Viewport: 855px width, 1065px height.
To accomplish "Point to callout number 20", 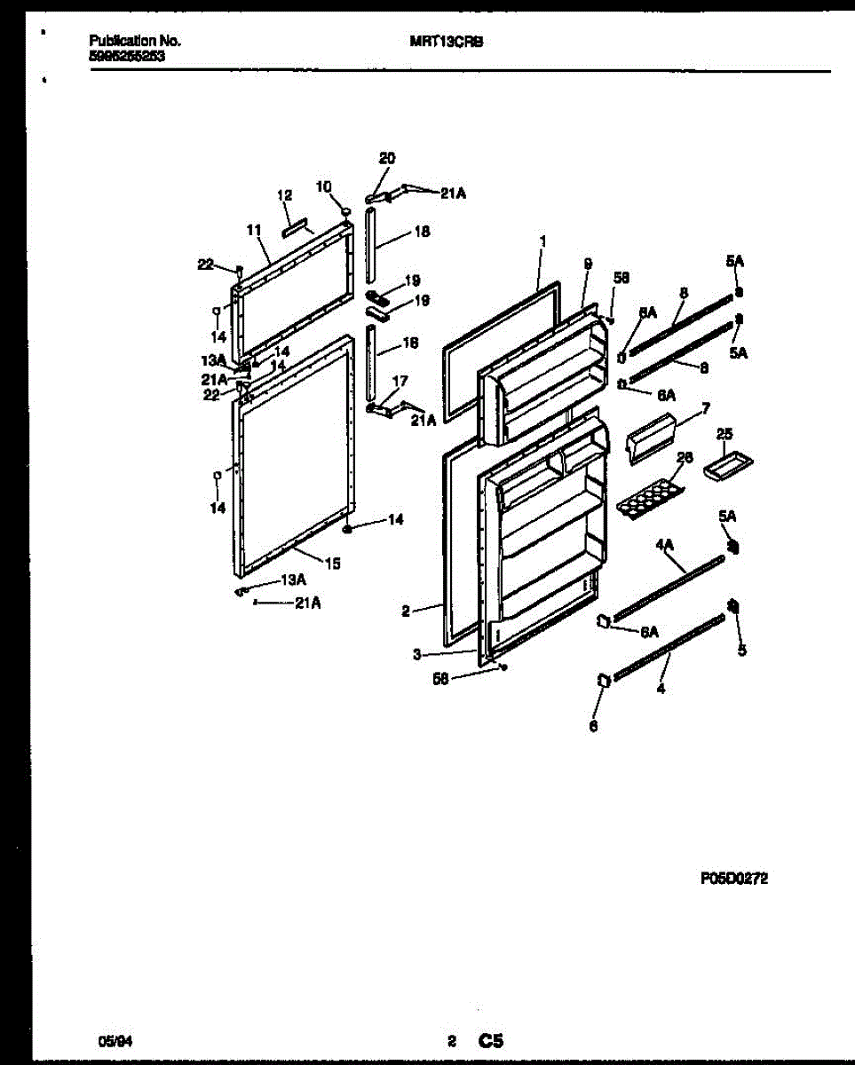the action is click(x=386, y=158).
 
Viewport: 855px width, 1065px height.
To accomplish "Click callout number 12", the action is click(x=284, y=195).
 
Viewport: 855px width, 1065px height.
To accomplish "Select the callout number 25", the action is click(x=725, y=435).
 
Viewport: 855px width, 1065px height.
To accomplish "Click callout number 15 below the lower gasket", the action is click(x=332, y=563).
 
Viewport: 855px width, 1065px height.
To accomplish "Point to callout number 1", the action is click(x=542, y=241).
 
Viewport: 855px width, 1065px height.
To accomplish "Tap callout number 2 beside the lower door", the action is click(x=405, y=611).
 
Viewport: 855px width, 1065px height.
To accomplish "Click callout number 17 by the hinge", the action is click(x=400, y=381).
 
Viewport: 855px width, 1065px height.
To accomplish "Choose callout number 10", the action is click(x=324, y=186).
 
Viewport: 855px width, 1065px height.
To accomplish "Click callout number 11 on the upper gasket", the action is click(x=253, y=230).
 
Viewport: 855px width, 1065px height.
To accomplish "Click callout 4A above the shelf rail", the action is click(x=666, y=548).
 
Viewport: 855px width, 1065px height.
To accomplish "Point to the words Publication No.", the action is click(x=135, y=41).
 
